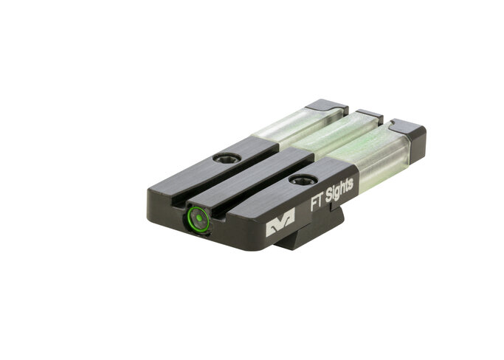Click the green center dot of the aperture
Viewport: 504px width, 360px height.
[199, 218]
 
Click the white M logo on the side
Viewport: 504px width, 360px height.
[280, 222]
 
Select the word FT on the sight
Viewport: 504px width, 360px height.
[317, 202]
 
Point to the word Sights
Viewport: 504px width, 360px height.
[339, 191]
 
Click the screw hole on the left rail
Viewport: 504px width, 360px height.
[227, 158]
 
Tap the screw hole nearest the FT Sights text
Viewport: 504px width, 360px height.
[303, 179]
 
